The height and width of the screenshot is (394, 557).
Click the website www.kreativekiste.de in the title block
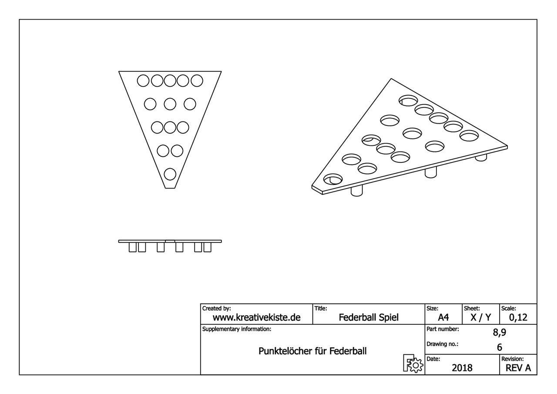256,317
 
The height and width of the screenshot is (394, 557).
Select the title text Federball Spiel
369,317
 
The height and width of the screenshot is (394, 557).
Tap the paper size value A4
443,317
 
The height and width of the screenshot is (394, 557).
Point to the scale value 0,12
518,317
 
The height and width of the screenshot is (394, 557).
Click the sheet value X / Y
481,317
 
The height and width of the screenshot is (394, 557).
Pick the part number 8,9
500,333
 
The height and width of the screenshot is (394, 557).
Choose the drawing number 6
500,347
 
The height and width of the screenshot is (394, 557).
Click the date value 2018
462,368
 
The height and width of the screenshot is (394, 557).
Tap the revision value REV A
518,368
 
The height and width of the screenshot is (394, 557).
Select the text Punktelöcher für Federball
312,351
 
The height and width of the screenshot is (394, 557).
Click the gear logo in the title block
413,363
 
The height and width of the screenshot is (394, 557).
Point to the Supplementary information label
236,329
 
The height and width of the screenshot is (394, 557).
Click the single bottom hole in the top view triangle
170,174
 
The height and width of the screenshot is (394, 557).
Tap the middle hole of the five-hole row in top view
170,81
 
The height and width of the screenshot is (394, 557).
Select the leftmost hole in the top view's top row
143,81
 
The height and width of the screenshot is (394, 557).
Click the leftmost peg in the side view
133,247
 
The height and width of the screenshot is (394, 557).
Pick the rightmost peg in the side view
208,247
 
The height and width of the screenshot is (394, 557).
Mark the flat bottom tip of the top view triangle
170,188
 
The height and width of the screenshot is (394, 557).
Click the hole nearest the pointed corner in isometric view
333,179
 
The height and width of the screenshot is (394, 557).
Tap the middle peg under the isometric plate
431,172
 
